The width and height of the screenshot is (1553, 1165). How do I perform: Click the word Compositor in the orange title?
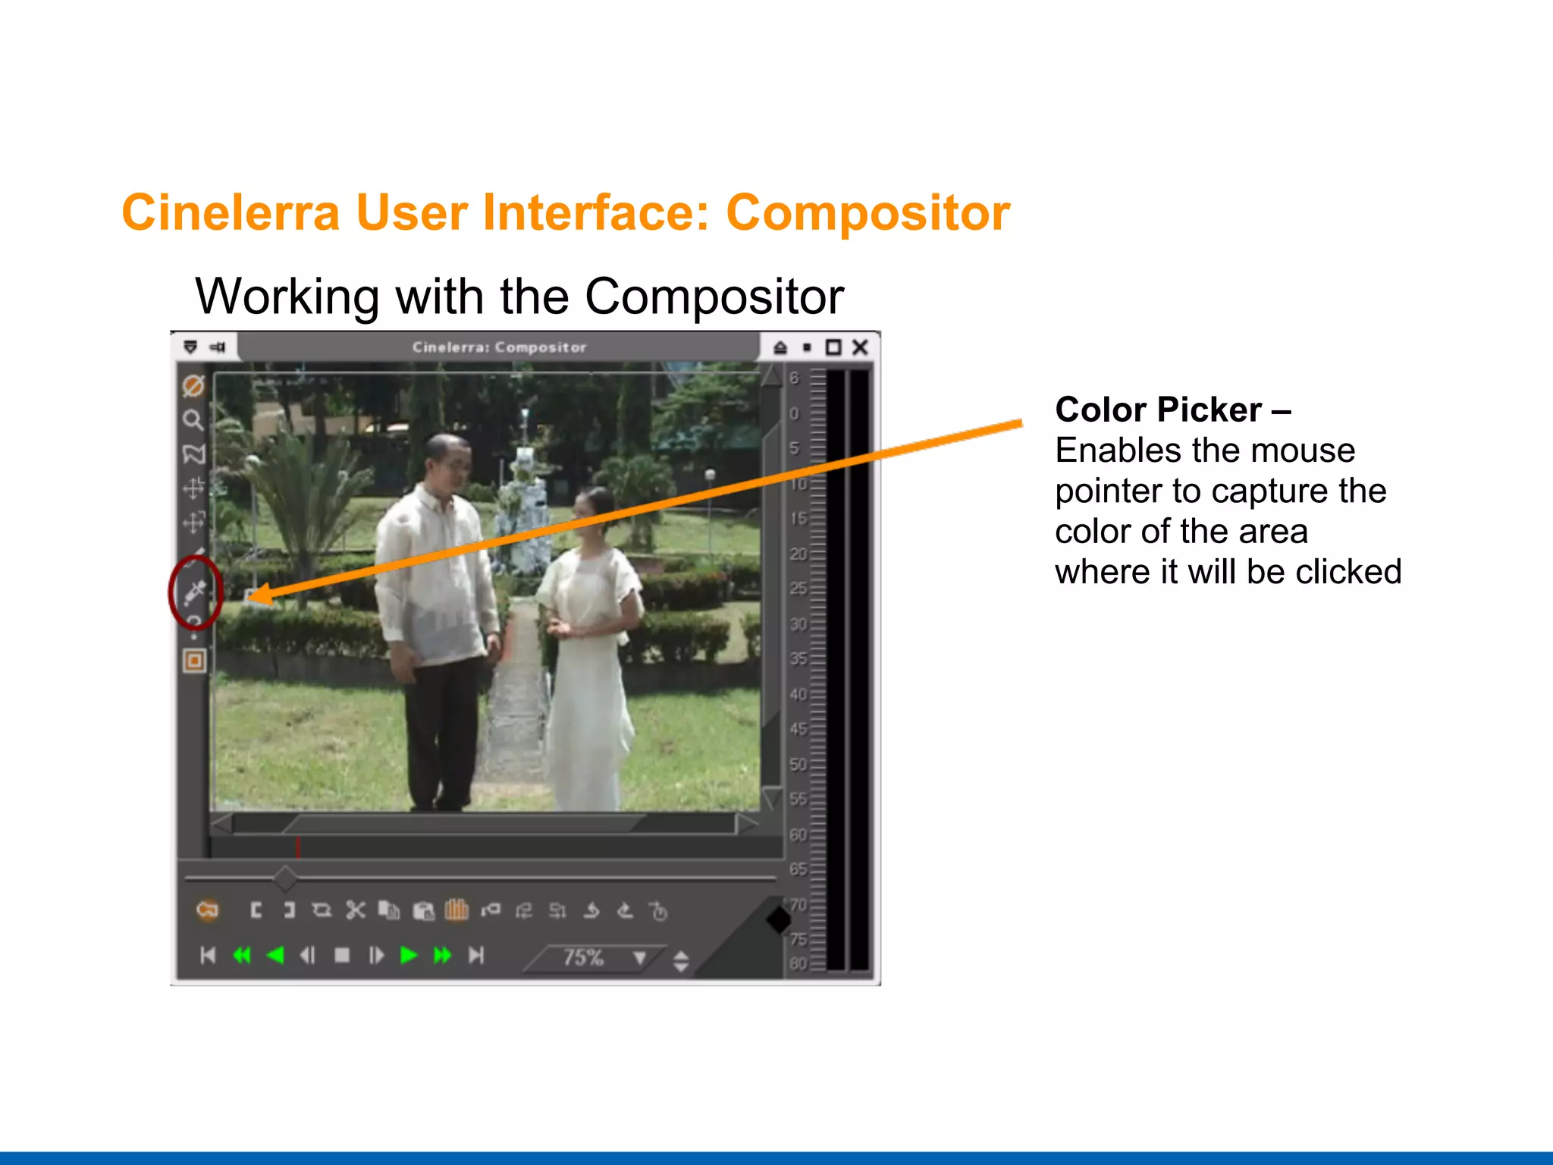click(x=867, y=212)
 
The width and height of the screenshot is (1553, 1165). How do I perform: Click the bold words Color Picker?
click(x=1158, y=410)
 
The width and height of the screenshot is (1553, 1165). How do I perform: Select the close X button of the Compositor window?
click(x=860, y=347)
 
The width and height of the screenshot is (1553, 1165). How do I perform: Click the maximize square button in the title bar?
click(x=833, y=347)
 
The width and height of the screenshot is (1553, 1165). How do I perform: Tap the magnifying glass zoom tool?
click(x=193, y=419)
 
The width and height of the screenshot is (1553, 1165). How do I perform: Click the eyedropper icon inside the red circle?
click(x=195, y=591)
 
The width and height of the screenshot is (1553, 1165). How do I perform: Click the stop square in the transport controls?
click(x=342, y=956)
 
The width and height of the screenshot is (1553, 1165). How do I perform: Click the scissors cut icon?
click(x=355, y=910)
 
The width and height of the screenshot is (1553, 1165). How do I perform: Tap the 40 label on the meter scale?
click(x=798, y=694)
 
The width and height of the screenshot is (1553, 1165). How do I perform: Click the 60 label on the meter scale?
click(x=798, y=834)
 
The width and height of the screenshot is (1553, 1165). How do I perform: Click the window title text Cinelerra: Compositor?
click(x=499, y=347)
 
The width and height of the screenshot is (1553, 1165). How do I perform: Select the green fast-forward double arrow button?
click(x=442, y=956)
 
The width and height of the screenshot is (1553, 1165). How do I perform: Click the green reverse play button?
click(x=275, y=956)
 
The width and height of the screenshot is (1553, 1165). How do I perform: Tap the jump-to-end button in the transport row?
click(x=476, y=956)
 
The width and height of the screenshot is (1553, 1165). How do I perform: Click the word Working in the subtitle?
click(x=287, y=297)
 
